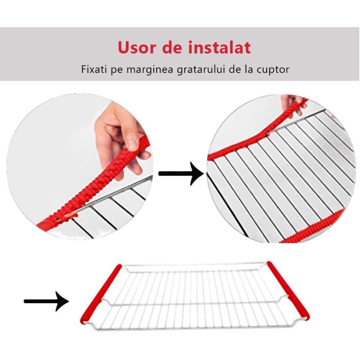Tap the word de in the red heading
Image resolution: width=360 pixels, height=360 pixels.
point(174,48)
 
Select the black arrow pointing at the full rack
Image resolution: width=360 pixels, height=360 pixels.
point(46,301)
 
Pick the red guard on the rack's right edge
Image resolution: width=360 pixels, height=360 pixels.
point(288,290)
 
